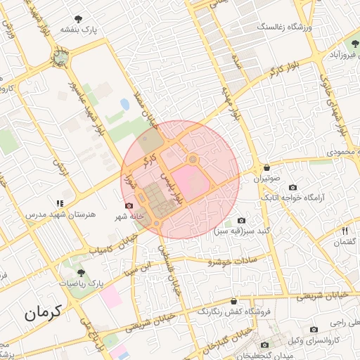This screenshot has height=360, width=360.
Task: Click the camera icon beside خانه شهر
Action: (129, 205)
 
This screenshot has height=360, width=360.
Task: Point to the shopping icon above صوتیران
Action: (267, 168)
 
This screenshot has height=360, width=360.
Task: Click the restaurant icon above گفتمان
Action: (345, 231)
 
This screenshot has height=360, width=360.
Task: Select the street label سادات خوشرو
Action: (233, 262)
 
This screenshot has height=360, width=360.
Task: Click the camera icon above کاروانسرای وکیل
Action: (313, 329)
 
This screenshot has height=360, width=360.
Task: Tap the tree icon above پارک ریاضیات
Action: (81, 272)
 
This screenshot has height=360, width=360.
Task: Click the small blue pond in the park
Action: (124, 104)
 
